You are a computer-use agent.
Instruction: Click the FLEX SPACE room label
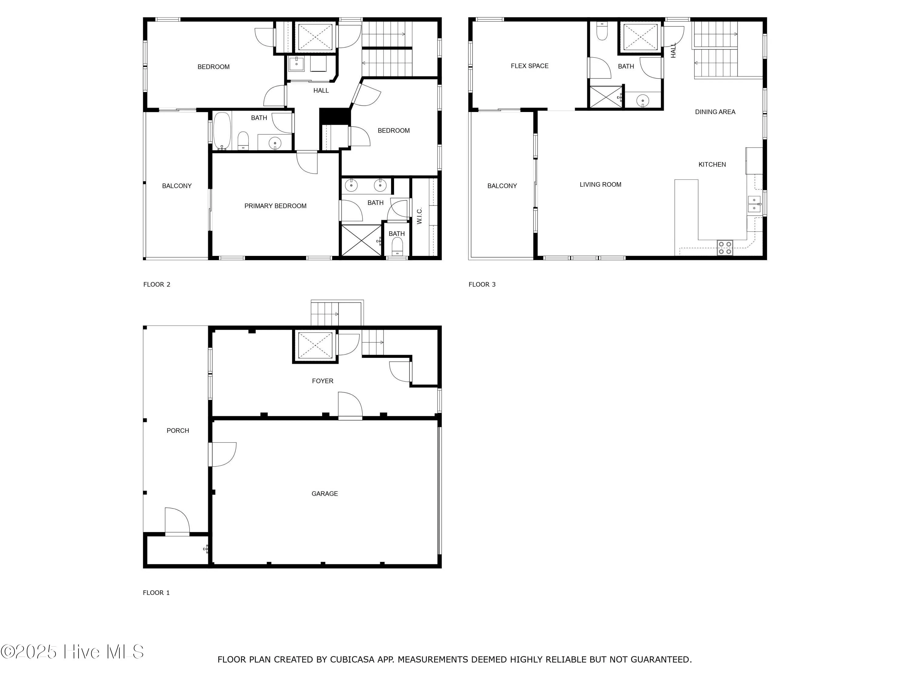(x=529, y=66)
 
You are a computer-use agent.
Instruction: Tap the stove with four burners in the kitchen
(x=725, y=247)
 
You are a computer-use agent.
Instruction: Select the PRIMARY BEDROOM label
(x=275, y=206)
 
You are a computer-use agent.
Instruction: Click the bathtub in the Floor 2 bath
(x=222, y=130)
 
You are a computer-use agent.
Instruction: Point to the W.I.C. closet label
(x=420, y=216)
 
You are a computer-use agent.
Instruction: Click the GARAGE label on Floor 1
(x=325, y=494)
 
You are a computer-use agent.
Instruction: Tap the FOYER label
(x=322, y=381)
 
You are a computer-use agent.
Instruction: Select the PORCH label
(x=178, y=431)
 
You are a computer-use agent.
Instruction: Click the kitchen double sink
(x=754, y=204)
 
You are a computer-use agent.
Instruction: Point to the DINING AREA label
(x=715, y=112)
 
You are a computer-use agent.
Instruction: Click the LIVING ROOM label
(x=600, y=185)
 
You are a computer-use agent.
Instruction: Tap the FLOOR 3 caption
(x=482, y=284)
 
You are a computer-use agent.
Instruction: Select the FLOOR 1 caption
(x=156, y=593)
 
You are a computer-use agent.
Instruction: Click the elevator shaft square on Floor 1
(x=315, y=345)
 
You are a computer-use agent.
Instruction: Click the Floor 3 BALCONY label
(x=502, y=186)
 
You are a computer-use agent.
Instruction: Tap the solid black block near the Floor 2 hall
(x=335, y=116)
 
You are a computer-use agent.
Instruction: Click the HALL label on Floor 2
(x=321, y=90)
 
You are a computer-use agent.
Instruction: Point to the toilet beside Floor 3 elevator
(x=602, y=32)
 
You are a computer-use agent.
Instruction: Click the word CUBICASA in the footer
(x=352, y=660)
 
